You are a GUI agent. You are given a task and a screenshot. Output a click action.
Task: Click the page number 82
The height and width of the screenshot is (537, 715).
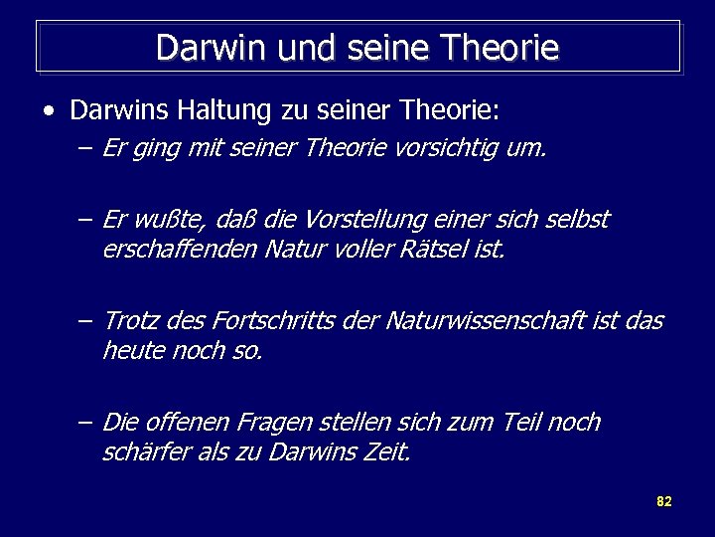point(664,501)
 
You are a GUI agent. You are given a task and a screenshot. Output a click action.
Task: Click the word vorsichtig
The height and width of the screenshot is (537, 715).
point(456,149)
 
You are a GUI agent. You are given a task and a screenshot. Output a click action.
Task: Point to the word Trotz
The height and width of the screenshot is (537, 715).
point(129,321)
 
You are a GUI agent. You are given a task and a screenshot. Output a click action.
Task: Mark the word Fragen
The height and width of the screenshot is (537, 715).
point(269,423)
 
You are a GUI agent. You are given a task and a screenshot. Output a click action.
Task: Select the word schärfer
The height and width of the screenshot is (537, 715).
point(141,452)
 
